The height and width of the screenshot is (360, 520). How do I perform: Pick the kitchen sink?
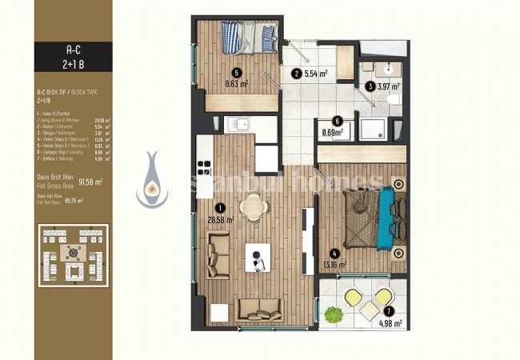tap(237, 124)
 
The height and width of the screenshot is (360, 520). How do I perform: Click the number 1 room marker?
tap(210, 207)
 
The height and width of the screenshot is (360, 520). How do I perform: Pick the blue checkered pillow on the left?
tap(230, 35)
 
